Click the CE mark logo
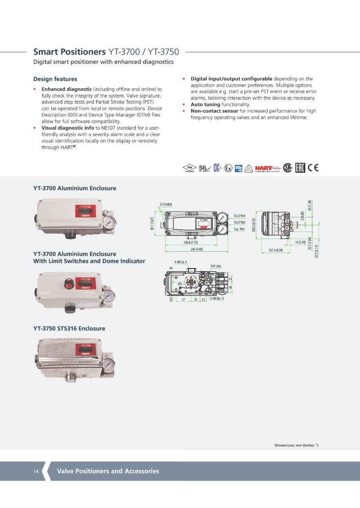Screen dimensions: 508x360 coord(313,168)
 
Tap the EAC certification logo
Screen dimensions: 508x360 coord(300,168)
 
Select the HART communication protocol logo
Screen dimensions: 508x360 coord(268,168)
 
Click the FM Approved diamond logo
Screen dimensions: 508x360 coord(189,168)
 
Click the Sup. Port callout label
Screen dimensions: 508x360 coord(239,229)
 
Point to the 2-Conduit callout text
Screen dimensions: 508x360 coord(166,204)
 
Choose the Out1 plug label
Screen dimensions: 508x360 coord(215,266)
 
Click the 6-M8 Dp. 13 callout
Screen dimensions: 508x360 coord(217,299)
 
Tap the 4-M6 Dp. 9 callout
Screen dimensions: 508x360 coord(180,262)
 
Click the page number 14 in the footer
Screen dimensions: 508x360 coord(36,471)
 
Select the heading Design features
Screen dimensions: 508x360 coord(55,79)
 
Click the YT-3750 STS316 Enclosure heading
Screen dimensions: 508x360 coord(69,329)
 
